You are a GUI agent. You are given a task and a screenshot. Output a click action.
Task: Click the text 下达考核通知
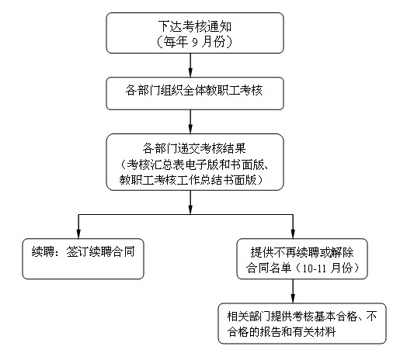(195, 26)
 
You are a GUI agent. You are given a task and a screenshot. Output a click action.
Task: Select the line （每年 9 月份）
(195, 42)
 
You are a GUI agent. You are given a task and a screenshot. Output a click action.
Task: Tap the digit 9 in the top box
(195, 42)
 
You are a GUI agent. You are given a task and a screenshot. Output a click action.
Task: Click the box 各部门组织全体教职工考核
(195, 93)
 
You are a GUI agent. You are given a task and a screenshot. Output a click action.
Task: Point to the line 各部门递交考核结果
(194, 148)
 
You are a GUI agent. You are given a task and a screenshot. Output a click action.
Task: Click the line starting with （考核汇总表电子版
(195, 164)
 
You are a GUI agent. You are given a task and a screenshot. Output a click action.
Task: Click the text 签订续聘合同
(100, 251)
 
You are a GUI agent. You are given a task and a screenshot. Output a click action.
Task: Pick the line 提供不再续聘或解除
(302, 252)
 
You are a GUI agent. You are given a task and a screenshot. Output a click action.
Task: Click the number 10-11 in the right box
(314, 268)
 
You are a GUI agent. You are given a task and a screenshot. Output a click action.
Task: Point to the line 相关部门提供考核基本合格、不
(302, 317)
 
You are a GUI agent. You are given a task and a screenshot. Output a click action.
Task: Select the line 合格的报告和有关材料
(281, 332)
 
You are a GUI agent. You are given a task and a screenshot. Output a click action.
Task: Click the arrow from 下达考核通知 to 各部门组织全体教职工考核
(190, 65)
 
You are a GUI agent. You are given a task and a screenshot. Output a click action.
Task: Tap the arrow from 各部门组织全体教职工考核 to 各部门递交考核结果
(190, 122)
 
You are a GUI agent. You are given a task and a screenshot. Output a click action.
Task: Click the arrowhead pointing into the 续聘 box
(78, 234)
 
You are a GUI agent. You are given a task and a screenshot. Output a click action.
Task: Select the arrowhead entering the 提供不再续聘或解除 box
(293, 234)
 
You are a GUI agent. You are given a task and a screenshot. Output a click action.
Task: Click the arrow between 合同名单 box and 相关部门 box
(293, 291)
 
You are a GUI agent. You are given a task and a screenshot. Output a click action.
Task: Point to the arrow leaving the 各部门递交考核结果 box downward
(190, 202)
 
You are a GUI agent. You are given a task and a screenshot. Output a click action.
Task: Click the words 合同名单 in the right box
(269, 268)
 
